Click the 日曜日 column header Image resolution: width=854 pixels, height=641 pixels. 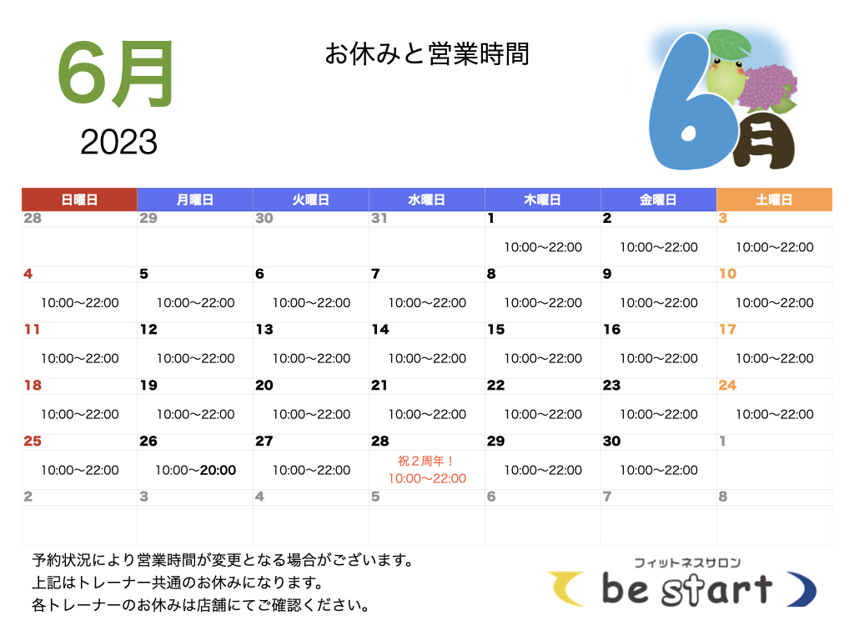(79, 199)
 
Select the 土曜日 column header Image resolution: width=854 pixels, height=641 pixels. (774, 199)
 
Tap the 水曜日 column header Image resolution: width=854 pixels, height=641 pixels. (427, 199)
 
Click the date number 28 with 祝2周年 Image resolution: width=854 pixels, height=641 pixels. (380, 441)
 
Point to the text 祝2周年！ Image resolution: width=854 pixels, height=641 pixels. (426, 461)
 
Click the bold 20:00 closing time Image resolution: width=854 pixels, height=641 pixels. (218, 470)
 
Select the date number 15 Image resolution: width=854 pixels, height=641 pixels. (496, 329)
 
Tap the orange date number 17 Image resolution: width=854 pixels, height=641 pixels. (727, 329)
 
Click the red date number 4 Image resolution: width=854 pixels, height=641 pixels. (28, 274)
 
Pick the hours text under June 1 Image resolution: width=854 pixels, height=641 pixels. (543, 247)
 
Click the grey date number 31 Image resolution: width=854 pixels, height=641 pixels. (379, 218)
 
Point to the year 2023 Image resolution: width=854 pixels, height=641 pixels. (118, 142)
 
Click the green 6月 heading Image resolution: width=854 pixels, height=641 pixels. (115, 73)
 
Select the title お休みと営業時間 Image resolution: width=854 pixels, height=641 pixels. (427, 54)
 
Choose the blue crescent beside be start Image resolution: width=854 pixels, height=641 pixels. (803, 588)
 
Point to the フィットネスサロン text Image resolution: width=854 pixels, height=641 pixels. (687, 563)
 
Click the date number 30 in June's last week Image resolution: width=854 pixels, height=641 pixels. (611, 441)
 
